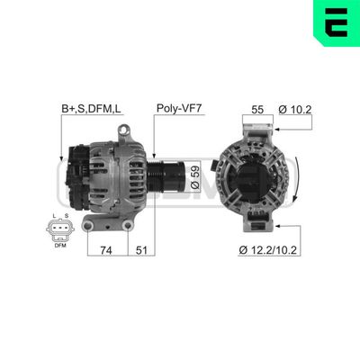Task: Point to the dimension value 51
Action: [x=141, y=251]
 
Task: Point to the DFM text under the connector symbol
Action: [x=59, y=245]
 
